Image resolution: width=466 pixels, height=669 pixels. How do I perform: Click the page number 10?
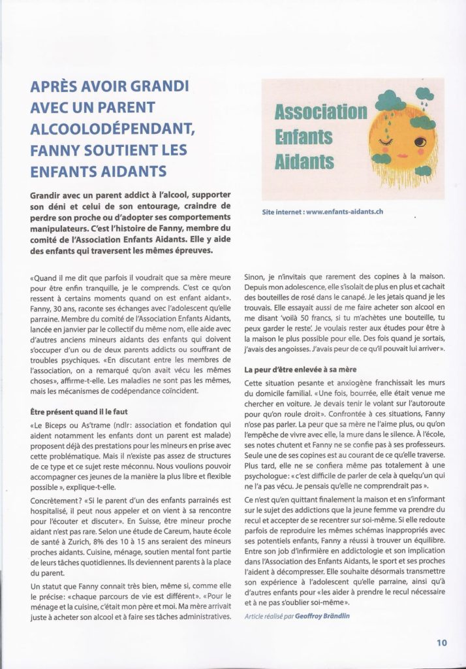[x=443, y=642]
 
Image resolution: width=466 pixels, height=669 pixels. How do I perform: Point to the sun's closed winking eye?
[x=392, y=140]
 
